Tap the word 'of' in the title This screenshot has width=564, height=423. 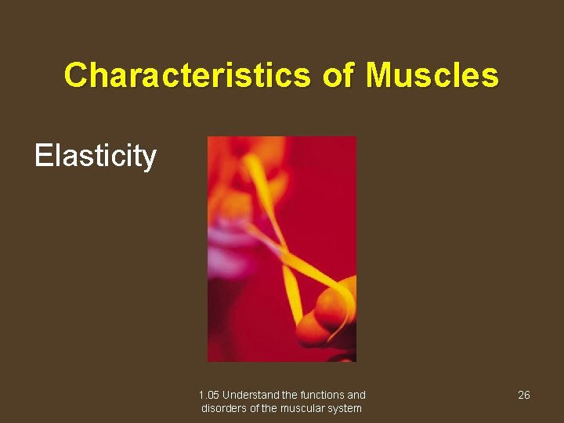tap(336, 75)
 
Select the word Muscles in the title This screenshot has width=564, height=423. tap(432, 75)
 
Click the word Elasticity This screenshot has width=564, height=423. tap(96, 156)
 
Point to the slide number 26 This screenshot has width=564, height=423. tap(524, 395)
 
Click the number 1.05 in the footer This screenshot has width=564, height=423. tap(209, 395)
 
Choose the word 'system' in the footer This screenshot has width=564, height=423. tap(345, 408)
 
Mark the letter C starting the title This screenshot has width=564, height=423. tap(76, 75)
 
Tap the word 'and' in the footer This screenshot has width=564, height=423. tap(356, 395)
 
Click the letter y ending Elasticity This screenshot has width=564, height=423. tap(150, 158)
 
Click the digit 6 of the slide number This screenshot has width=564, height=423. tap(527, 395)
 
